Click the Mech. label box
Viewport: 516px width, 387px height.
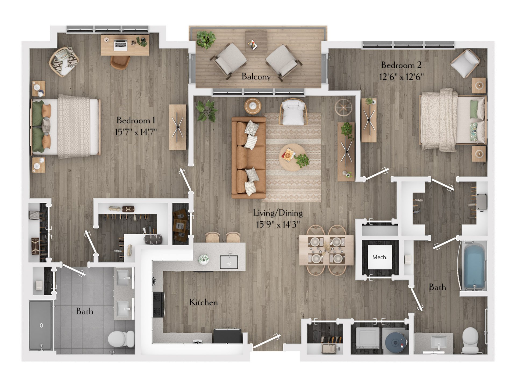point(379,257)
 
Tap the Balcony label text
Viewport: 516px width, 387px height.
point(256,77)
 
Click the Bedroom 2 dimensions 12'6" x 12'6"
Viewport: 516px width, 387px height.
point(401,77)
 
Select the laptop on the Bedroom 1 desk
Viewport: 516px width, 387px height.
point(120,45)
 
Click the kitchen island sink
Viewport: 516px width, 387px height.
point(229,262)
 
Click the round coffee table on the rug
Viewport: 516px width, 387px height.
point(292,157)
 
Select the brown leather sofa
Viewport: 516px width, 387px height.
point(248,158)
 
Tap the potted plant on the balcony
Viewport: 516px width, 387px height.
point(206,39)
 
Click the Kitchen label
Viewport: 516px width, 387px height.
point(203,302)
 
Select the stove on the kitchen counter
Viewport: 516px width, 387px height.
point(158,304)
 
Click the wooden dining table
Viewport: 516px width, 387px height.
point(326,250)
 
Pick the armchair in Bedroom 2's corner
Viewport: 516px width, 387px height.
point(465,63)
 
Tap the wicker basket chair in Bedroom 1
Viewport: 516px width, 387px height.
point(64,62)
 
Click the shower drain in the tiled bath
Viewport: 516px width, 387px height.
point(41,325)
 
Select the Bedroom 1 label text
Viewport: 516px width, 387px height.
point(136,120)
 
